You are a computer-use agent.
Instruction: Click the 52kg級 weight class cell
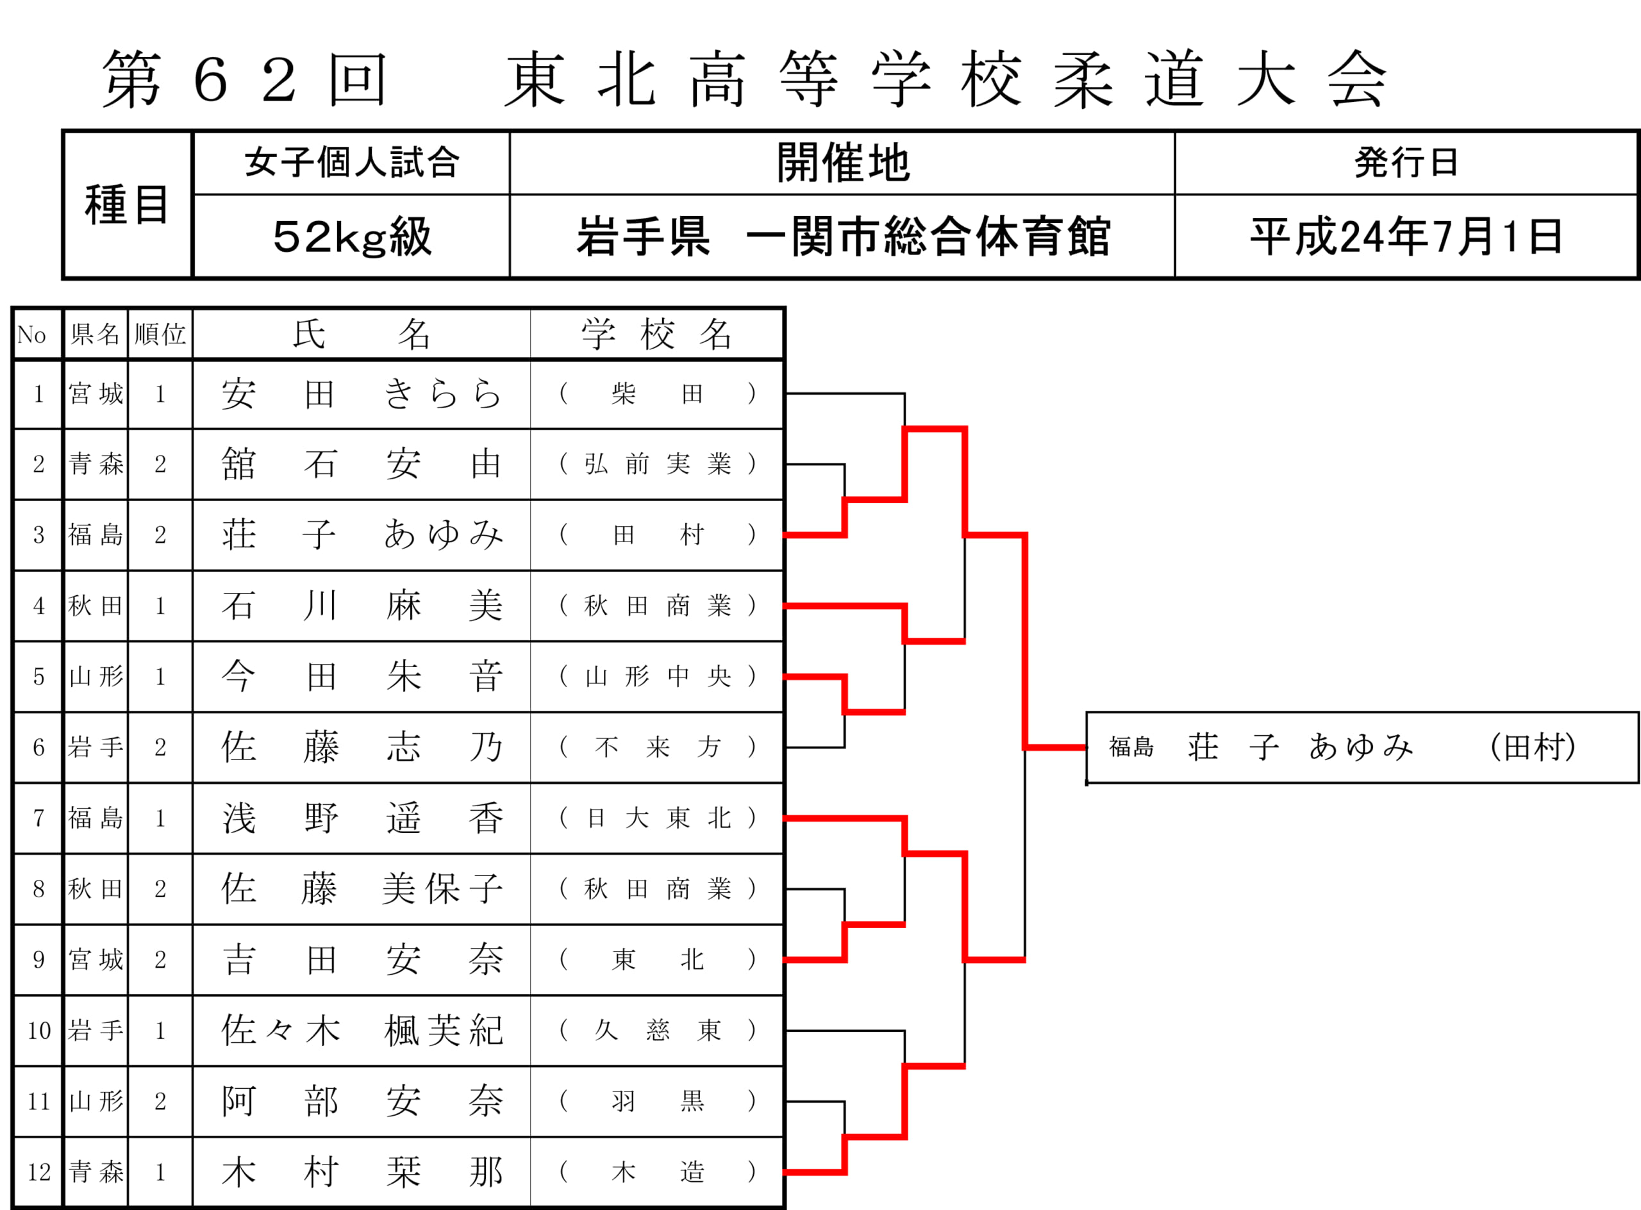(352, 236)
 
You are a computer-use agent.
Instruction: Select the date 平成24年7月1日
(1406, 236)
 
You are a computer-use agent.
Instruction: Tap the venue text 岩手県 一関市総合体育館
(842, 236)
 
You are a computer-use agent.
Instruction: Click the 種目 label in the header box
(127, 205)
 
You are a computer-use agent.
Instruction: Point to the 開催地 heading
(842, 163)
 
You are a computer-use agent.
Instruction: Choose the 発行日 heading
(1406, 163)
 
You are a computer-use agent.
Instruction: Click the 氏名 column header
(361, 335)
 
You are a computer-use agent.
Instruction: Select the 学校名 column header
(657, 335)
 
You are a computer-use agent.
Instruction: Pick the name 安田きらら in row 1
(361, 394)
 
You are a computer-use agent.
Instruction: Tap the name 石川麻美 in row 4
(361, 606)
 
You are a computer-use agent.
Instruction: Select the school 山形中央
(657, 676)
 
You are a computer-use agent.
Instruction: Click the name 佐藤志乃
(361, 747)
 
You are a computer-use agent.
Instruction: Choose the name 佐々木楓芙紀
(361, 1031)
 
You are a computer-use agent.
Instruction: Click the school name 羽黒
(657, 1101)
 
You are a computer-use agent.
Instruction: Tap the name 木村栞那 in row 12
(361, 1172)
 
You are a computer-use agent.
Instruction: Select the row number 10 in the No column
(39, 1031)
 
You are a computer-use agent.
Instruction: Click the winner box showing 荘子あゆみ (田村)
(1362, 747)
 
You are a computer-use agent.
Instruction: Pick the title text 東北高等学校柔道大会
(945, 79)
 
